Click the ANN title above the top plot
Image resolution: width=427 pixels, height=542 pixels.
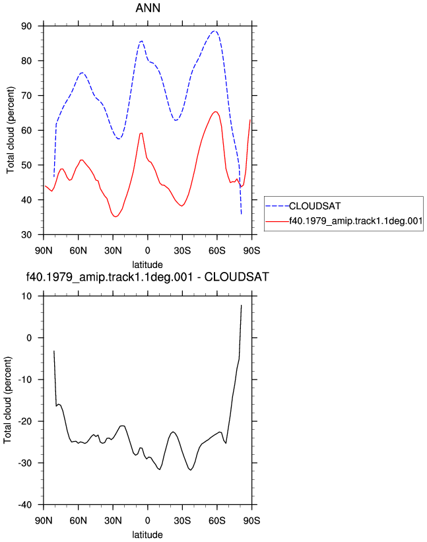[x=148, y=8]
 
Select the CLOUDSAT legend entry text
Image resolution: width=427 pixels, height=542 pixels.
[x=315, y=206]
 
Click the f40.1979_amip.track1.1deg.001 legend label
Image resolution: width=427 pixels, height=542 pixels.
[x=356, y=221]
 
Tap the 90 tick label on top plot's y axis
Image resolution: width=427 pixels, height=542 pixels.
[x=26, y=26]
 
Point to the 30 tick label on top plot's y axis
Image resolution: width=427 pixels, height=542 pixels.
[x=26, y=235]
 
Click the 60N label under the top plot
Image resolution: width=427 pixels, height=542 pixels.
[x=79, y=251]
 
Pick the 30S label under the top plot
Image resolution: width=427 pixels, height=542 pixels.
[x=182, y=251]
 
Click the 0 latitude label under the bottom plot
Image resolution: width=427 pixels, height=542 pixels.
[x=148, y=521]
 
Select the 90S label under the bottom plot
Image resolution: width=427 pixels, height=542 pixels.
[x=251, y=521]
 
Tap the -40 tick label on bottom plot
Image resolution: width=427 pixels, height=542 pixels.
[x=25, y=504]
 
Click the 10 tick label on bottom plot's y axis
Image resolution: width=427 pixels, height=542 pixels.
[x=26, y=296]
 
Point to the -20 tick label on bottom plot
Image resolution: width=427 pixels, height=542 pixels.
[x=25, y=421]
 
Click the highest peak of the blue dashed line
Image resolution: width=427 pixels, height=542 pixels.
[x=214, y=31]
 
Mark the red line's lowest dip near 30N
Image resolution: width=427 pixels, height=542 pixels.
[x=115, y=217]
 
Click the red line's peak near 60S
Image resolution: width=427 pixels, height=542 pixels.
[x=215, y=112]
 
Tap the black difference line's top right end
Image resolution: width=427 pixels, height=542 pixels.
[x=241, y=305]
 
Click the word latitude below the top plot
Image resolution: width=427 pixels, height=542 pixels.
[x=148, y=265]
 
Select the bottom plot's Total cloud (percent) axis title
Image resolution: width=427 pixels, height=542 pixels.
[x=8, y=400]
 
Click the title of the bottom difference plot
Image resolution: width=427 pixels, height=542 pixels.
[x=148, y=277]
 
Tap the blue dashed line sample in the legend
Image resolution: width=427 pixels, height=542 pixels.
[x=277, y=206]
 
